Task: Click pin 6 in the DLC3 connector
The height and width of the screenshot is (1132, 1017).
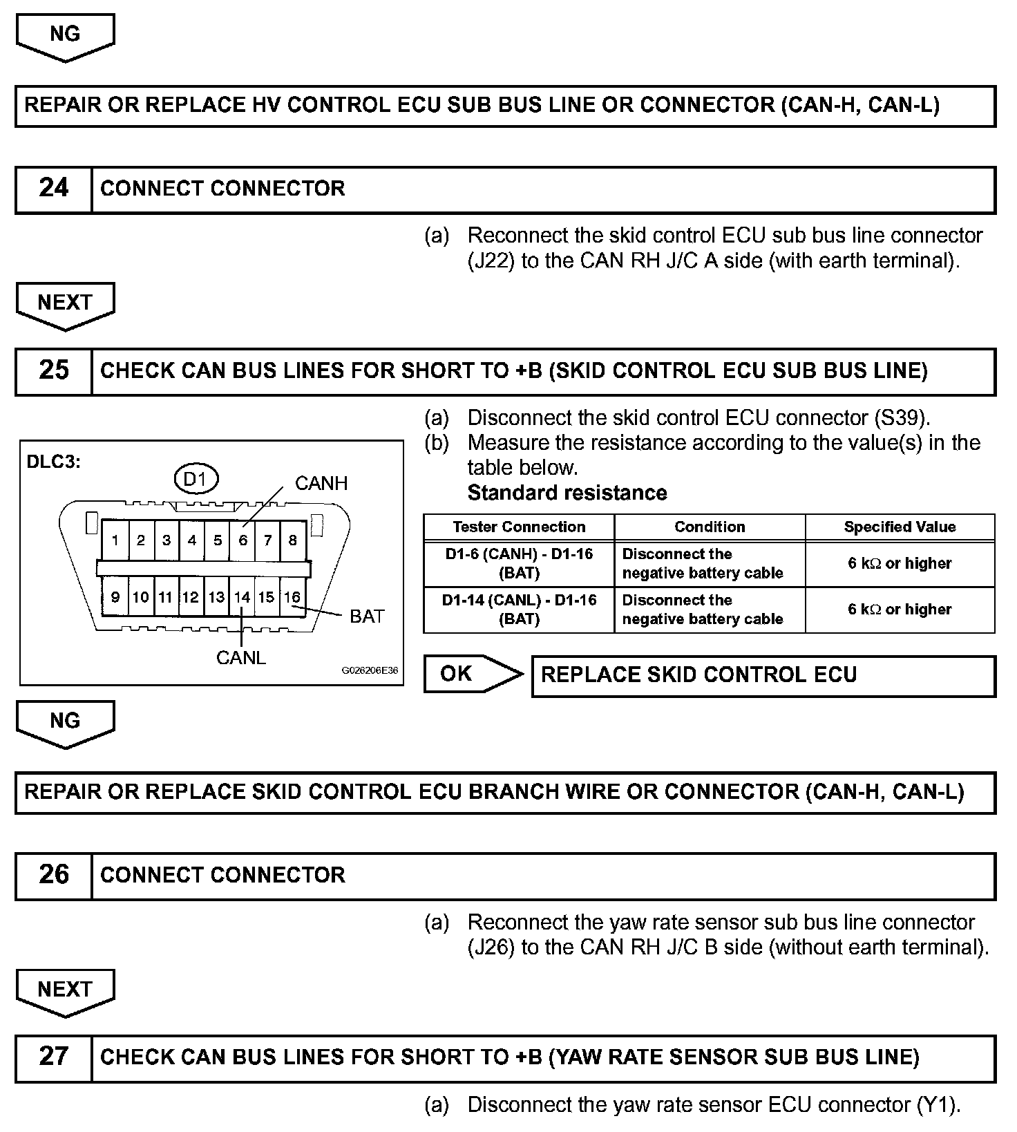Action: coord(243,540)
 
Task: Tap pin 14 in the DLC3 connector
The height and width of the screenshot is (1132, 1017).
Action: coord(242,597)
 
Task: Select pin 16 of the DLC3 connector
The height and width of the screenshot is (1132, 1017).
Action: coord(292,597)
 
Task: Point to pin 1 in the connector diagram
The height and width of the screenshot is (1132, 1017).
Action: coord(115,540)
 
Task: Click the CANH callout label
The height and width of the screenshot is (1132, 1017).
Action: coord(321,484)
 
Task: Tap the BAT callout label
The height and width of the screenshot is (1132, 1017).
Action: coord(367,616)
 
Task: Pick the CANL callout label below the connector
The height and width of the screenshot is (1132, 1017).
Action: coord(240,658)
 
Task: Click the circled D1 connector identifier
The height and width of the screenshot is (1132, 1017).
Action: coord(196,479)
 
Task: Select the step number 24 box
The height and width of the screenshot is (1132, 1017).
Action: coord(54,189)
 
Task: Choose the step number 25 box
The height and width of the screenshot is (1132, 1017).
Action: coord(54,370)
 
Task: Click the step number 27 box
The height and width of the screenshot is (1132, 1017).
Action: coord(54,1057)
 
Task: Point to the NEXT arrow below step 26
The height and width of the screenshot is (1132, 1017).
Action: coord(65,991)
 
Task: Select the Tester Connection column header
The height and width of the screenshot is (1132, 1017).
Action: coord(519,527)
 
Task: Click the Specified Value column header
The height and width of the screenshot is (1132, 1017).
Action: coord(900,527)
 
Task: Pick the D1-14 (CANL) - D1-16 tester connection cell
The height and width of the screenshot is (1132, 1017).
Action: coord(519,610)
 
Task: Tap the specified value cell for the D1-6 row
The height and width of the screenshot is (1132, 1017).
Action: coord(900,563)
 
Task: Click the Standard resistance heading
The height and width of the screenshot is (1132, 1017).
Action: coord(567,493)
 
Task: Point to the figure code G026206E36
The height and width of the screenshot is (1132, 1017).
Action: coord(370,670)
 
